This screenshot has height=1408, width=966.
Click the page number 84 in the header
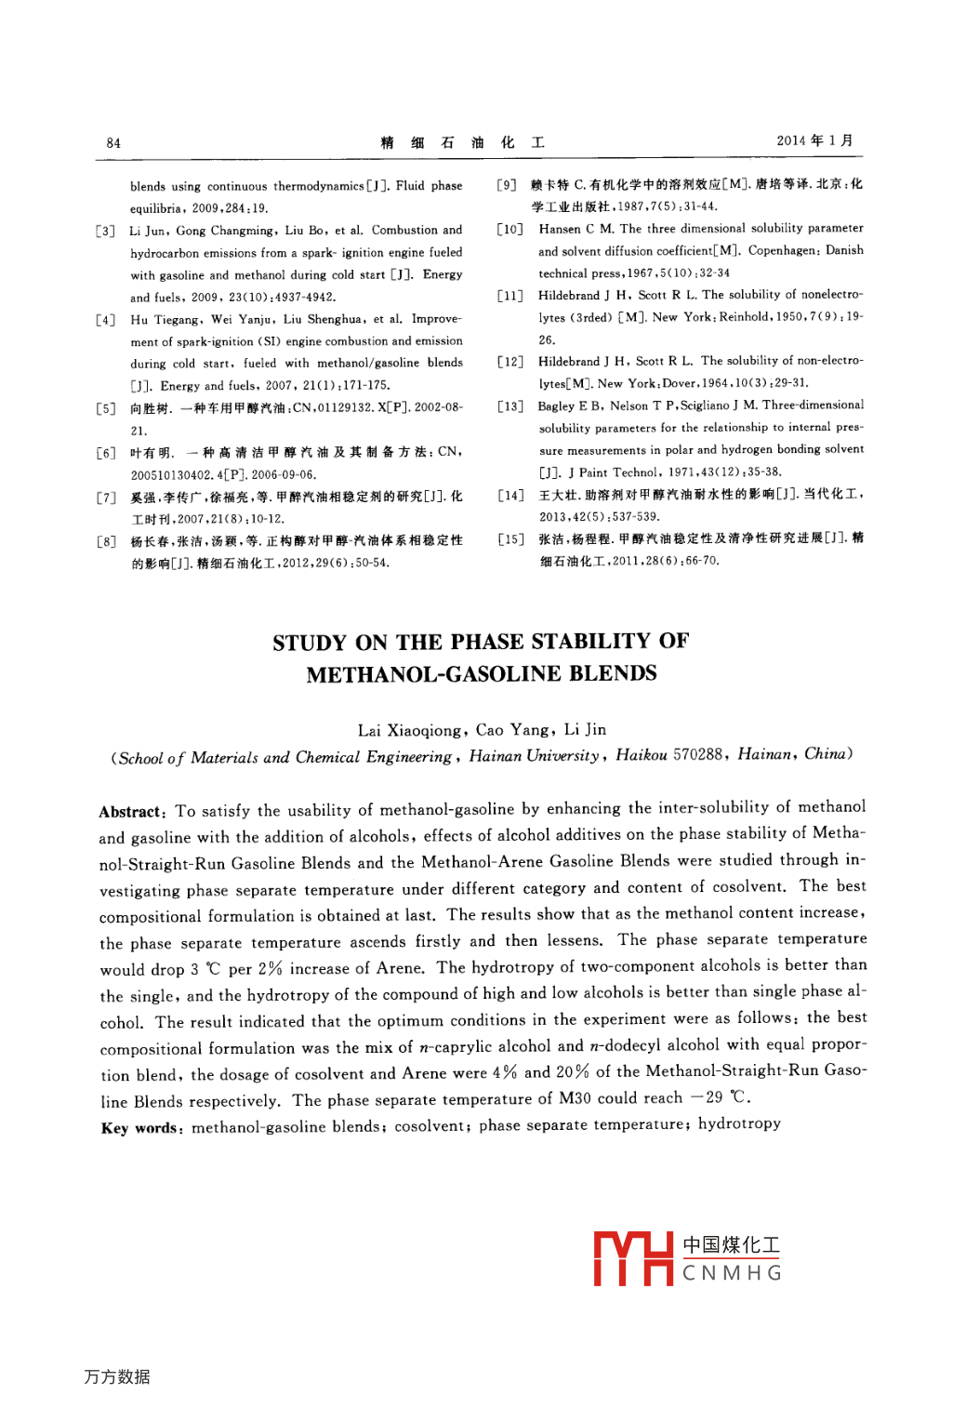pyautogui.click(x=113, y=143)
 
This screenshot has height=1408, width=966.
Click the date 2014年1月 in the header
pyautogui.click(x=814, y=140)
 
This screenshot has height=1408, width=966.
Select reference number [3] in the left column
pyautogui.click(x=105, y=231)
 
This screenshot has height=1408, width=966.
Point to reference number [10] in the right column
pyautogui.click(x=509, y=229)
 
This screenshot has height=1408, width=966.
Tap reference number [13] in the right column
pyautogui.click(x=509, y=406)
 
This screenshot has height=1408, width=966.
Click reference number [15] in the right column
pyautogui.click(x=509, y=539)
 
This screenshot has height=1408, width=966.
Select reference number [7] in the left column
pyautogui.click(x=105, y=498)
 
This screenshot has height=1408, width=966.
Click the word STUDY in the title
pyautogui.click(x=309, y=643)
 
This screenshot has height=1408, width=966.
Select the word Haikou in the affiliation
pyautogui.click(x=641, y=755)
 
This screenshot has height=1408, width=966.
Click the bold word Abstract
pyautogui.click(x=130, y=811)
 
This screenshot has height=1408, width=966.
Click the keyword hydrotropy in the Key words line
pyautogui.click(x=739, y=1123)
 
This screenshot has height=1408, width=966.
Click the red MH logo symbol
pyautogui.click(x=632, y=1259)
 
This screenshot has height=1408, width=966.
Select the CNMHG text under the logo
pyautogui.click(x=732, y=1273)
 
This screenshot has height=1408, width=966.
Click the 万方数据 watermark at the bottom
pyautogui.click(x=117, y=1376)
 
